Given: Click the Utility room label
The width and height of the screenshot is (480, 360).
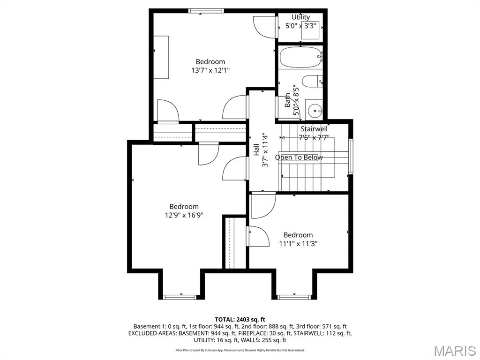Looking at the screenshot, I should point(300,17).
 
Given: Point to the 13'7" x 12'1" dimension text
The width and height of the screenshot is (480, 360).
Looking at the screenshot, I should point(210,70).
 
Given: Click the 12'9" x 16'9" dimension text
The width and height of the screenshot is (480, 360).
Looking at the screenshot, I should point(184,215).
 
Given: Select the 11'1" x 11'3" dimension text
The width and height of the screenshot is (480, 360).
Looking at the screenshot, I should point(298,244).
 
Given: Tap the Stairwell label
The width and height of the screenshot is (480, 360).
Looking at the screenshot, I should point(314,129).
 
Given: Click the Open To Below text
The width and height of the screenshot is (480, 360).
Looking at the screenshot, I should point(299,157).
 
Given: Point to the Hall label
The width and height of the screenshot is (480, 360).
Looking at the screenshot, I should point(256,150).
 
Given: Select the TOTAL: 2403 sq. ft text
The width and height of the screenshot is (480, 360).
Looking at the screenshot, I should point(240,319).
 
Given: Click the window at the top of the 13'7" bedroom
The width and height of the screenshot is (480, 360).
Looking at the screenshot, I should point(206,11).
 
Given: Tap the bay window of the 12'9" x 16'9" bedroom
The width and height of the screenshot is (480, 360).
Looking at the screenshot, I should point(180,297).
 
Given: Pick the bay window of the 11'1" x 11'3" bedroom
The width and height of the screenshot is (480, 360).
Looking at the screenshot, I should point(294,297).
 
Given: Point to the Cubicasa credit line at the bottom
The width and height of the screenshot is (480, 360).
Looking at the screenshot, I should point(240,350).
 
